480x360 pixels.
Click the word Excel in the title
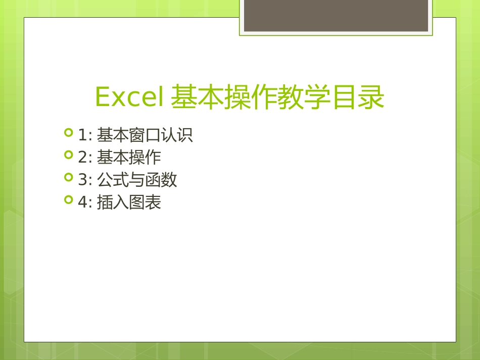[129, 97]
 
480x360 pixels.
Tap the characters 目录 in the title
[358, 97]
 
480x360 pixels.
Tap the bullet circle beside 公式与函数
[69, 178]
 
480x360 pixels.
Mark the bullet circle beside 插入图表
[69, 200]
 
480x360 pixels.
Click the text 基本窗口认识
[145, 135]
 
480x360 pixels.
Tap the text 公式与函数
[136, 180]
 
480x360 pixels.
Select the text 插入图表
[129, 202]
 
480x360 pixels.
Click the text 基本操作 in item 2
[129, 158]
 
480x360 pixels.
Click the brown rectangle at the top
[336, 15]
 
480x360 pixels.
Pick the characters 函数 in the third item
[161, 180]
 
